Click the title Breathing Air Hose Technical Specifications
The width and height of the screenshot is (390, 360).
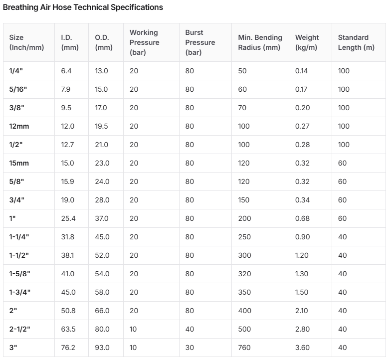pyautogui.click(x=83, y=7)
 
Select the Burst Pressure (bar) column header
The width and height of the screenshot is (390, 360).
pyautogui.click(x=200, y=42)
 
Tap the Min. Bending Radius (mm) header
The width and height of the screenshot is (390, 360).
pyautogui.click(x=260, y=42)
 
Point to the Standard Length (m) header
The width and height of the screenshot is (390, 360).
pyautogui.click(x=356, y=42)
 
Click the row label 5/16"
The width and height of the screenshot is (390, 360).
pyautogui.click(x=18, y=89)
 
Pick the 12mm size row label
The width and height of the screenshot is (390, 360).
pyautogui.click(x=19, y=126)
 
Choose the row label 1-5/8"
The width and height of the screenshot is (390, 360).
pyautogui.click(x=19, y=274)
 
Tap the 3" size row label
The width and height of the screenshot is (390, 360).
pyautogui.click(x=13, y=348)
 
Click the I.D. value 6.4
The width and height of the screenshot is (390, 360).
pyautogui.click(x=66, y=71)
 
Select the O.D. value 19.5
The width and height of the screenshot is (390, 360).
pyautogui.click(x=101, y=126)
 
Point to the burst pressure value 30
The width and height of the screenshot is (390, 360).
pyautogui.click(x=190, y=348)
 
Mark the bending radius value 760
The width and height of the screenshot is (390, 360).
pyautogui.click(x=244, y=348)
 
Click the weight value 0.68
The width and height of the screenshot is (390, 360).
pyautogui.click(x=302, y=218)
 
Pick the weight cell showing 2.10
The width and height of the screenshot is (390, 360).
pyautogui.click(x=301, y=311)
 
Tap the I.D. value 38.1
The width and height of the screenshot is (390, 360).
pyautogui.click(x=67, y=255)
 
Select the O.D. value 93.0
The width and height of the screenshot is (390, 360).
pyautogui.click(x=102, y=348)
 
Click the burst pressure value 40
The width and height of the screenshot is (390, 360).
pyautogui.click(x=190, y=329)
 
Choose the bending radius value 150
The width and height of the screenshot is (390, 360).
pyautogui.click(x=243, y=200)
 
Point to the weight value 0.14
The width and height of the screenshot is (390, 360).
pyautogui.click(x=301, y=71)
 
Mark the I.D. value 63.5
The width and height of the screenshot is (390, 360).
pyautogui.click(x=68, y=329)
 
